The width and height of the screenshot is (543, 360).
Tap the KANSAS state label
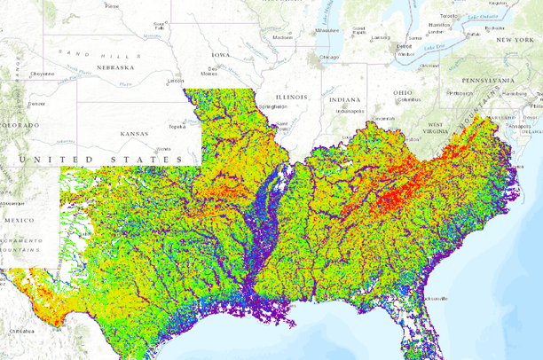point(138,135)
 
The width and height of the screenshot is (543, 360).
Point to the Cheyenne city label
point(42,74)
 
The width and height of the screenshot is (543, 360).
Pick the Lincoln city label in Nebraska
point(176,81)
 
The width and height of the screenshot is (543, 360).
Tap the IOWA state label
point(220,55)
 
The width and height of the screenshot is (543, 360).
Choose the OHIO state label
point(404,92)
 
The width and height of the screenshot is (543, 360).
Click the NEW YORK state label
point(514,40)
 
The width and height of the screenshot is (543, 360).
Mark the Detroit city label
point(404,45)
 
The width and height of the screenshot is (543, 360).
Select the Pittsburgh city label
point(460,92)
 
